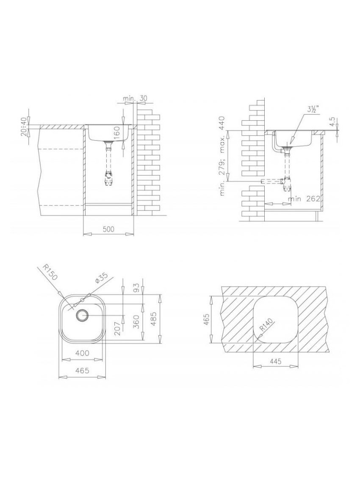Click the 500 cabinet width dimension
(x=108, y=229)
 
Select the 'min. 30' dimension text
(x=135, y=99)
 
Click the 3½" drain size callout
(x=313, y=109)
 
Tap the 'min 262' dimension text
(x=304, y=199)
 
